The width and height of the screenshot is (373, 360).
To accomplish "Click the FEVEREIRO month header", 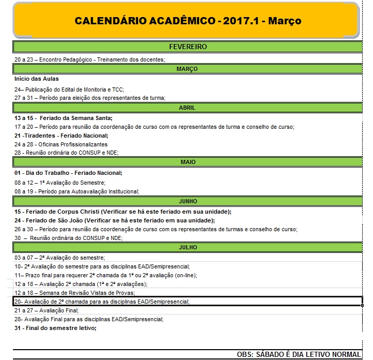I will pyautogui.click(x=187, y=47).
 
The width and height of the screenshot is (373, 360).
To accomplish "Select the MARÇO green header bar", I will pyautogui.click(x=187, y=69).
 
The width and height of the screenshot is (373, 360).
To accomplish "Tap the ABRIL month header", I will pyautogui.click(x=187, y=108).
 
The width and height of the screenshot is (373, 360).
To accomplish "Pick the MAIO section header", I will pyautogui.click(x=187, y=162).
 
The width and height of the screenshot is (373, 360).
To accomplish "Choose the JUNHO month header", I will pyautogui.click(x=187, y=201).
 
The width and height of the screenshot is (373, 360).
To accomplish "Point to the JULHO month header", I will pyautogui.click(x=187, y=247).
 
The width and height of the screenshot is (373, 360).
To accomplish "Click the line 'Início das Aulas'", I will pyautogui.click(x=37, y=79).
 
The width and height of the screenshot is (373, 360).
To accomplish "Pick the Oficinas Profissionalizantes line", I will pyautogui.click(x=61, y=144).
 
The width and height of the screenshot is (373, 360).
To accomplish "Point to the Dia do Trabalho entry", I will pyautogui.click(x=68, y=173).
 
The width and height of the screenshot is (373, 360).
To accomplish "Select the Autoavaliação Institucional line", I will pyautogui.click(x=77, y=191).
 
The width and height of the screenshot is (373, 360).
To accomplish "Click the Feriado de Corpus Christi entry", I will pyautogui.click(x=122, y=212).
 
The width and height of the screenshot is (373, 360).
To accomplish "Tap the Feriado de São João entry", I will pyautogui.click(x=114, y=220).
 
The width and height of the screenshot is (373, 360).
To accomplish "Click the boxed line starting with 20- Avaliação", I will pyautogui.click(x=101, y=302).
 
